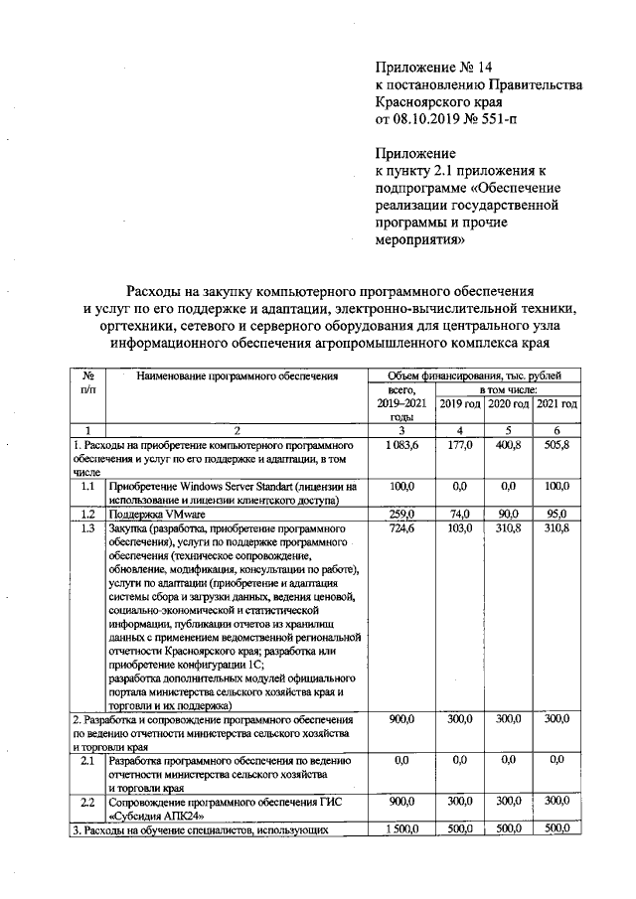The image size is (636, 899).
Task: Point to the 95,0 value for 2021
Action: click(557, 514)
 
